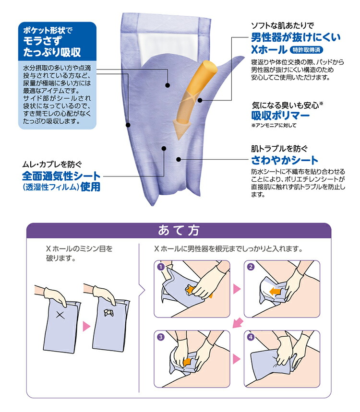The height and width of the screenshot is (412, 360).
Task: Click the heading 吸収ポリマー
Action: click(280, 116)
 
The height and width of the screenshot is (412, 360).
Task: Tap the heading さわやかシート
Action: click(285, 160)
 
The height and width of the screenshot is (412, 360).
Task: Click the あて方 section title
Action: click(179, 231)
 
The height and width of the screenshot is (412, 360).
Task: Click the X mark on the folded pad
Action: click(60, 315)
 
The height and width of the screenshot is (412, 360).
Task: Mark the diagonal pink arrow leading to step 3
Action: click(236, 325)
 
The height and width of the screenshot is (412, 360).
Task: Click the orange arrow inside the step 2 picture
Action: click(276, 291)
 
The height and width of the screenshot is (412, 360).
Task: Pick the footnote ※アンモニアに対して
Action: click(274, 126)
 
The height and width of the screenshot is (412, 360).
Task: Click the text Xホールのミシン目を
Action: click(79, 249)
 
